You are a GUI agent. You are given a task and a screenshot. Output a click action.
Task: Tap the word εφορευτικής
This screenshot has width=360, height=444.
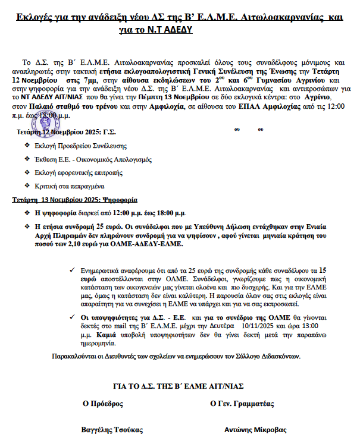click(x=82, y=172)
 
